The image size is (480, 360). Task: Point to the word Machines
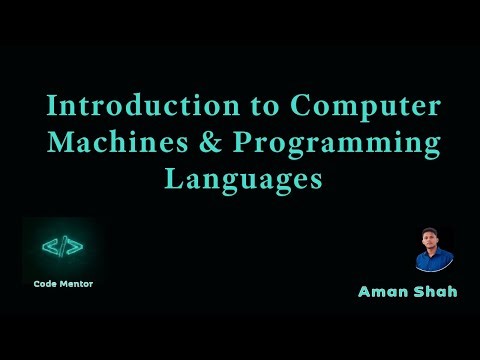point(122,143)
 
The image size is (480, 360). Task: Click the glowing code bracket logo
point(62,246)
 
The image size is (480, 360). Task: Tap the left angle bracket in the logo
point(48,246)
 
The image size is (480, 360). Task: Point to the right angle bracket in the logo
point(76,246)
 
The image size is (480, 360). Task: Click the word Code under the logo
point(44,283)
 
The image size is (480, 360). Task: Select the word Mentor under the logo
point(78,283)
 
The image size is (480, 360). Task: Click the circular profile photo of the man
point(434,250)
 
